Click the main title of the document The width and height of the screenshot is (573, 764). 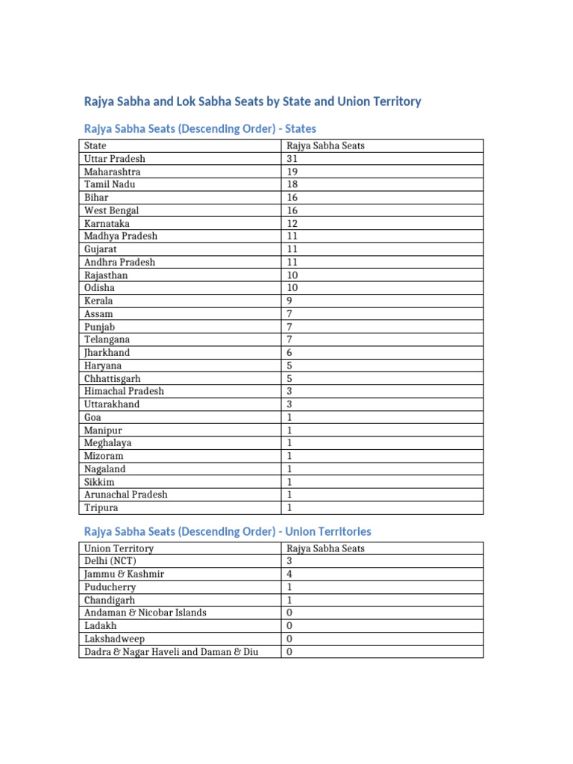click(252, 101)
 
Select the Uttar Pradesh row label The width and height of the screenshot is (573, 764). click(115, 159)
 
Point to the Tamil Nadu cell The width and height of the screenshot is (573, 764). click(110, 184)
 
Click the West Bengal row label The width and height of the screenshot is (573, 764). click(112, 210)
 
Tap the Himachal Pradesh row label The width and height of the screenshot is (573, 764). click(124, 391)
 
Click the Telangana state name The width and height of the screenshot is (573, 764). click(107, 339)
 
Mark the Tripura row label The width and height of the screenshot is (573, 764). click(101, 507)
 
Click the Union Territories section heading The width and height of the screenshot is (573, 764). click(228, 532)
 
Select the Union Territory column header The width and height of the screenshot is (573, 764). click(119, 548)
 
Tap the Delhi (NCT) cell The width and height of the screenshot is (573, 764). click(110, 562)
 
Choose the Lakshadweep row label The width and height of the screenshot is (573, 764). click(114, 639)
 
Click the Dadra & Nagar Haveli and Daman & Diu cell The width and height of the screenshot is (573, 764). click(171, 651)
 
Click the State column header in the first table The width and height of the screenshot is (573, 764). click(95, 146)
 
